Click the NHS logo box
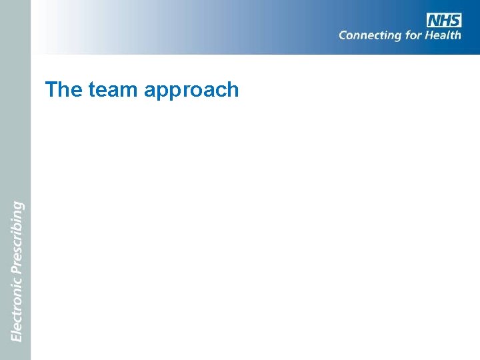pyautogui.click(x=444, y=20)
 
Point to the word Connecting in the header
pyautogui.click(x=370, y=35)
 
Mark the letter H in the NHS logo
pyautogui.click(x=445, y=20)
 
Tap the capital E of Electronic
pyautogui.click(x=17, y=337)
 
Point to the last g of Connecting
pyautogui.click(x=397, y=37)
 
